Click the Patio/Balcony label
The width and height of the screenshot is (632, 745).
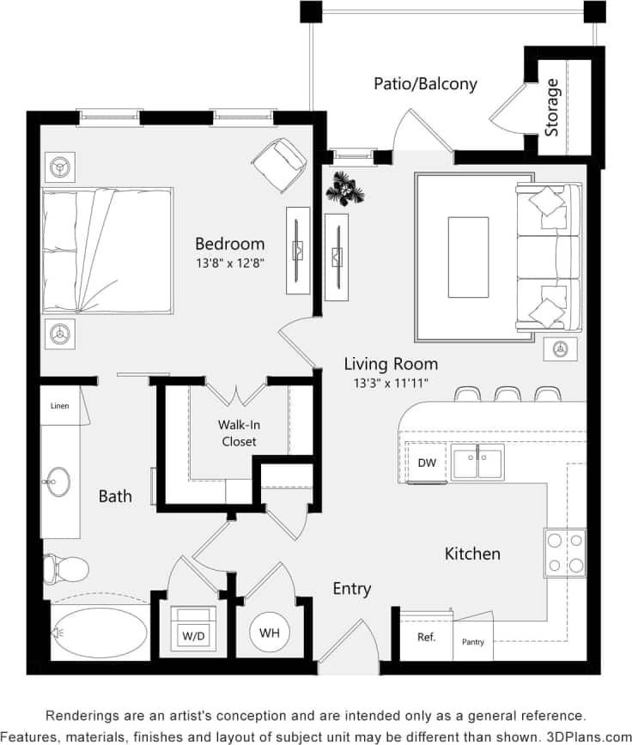point(425,84)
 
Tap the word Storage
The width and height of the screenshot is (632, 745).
point(552,107)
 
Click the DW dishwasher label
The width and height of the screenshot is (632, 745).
point(427,463)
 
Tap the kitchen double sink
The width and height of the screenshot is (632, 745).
point(477,463)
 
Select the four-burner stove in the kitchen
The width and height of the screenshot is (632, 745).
point(565,553)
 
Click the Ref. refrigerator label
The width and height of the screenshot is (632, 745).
point(427,637)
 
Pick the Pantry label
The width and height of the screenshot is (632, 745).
point(474,641)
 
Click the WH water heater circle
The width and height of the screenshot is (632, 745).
point(270,633)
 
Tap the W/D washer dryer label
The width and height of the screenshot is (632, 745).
point(192,636)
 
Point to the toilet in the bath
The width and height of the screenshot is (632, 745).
point(67,567)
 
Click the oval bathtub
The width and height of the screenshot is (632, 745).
point(96,633)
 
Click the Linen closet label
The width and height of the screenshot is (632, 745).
point(60,406)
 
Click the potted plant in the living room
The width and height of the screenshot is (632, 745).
point(345,188)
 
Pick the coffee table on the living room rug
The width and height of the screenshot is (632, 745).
point(468,257)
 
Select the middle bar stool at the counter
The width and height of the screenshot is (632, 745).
point(507,394)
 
